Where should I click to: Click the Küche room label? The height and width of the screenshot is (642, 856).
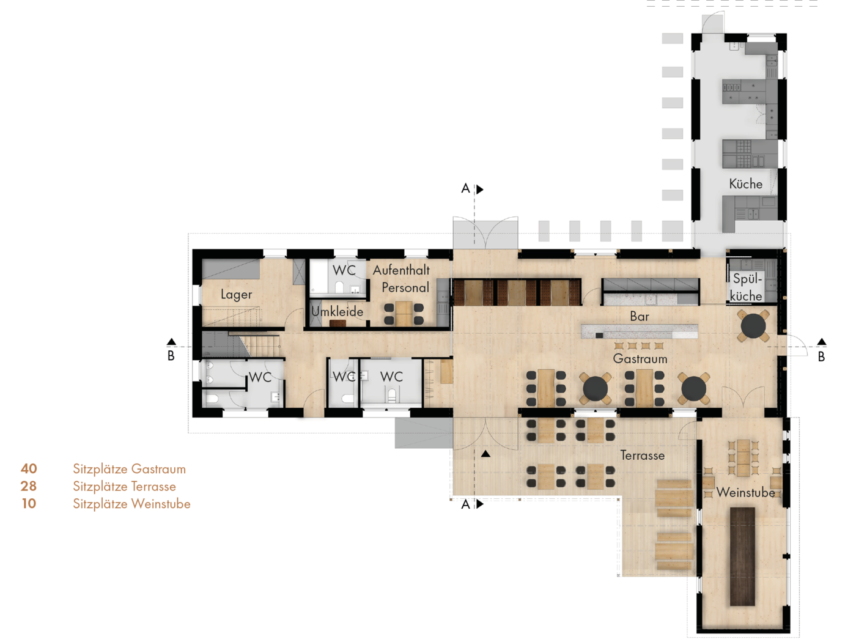point(745,184)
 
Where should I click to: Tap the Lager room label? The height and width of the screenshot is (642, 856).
point(237,294)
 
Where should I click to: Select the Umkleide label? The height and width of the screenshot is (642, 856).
point(338,311)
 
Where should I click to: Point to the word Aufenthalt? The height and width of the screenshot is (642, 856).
point(401,270)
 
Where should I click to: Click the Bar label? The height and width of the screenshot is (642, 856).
point(640,317)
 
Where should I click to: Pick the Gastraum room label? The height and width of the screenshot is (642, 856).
point(640,359)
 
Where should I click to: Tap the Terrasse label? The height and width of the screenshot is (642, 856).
point(642,456)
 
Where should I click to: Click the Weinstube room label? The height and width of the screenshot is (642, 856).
point(745,492)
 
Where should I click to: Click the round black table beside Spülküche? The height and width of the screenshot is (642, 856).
point(753,325)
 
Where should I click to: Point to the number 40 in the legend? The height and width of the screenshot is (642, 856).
point(29,468)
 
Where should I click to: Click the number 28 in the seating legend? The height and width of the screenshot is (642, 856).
point(29,486)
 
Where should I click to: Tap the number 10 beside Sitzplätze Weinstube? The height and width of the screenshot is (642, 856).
point(29,504)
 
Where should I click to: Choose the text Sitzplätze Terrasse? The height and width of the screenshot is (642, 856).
point(124,487)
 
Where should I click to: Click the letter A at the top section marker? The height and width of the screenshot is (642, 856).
point(465,189)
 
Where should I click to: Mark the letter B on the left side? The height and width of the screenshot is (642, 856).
point(171,356)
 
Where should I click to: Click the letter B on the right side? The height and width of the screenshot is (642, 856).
point(821,356)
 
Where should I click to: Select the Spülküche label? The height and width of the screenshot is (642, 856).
point(747,287)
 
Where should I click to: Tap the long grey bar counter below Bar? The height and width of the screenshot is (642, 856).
point(640,332)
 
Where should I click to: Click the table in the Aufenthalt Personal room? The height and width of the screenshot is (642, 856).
point(404,314)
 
